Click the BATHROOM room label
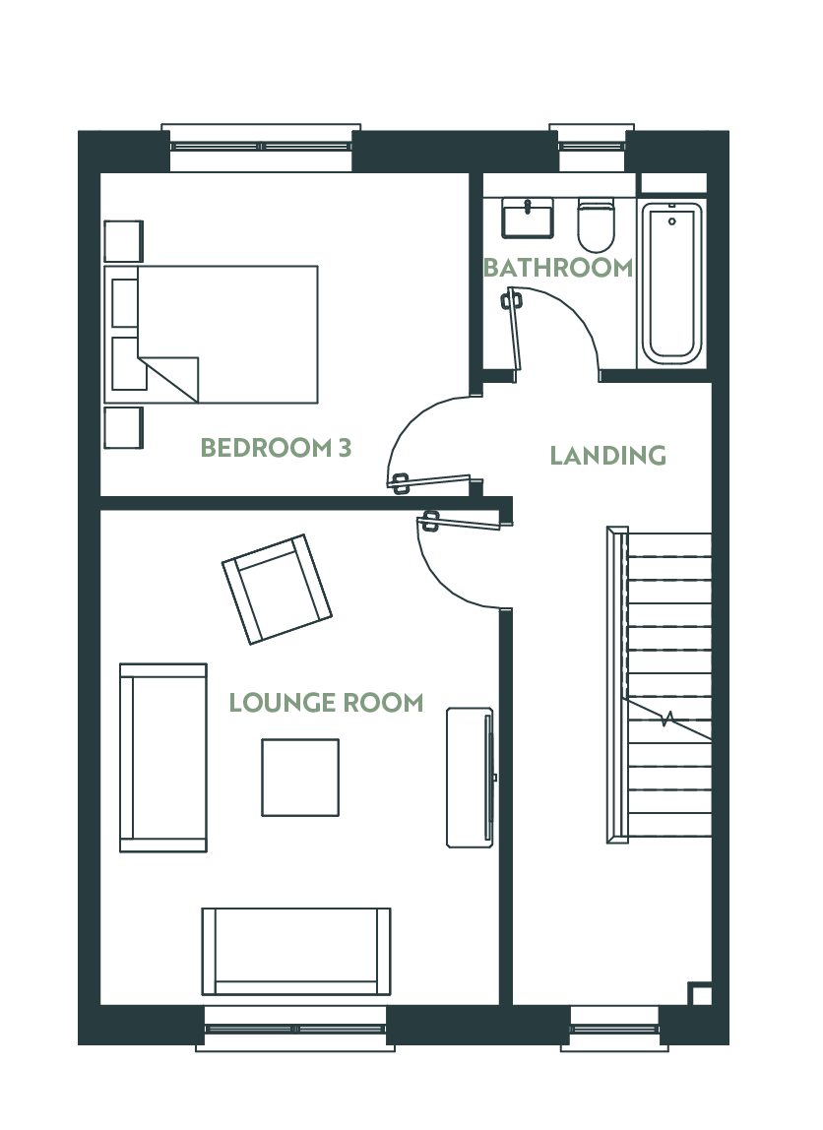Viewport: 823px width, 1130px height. tap(558, 268)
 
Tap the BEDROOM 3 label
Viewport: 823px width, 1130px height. tap(276, 448)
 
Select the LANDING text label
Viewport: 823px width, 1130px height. tap(607, 456)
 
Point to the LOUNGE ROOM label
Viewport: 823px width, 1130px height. tap(326, 703)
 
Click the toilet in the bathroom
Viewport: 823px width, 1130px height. tap(596, 224)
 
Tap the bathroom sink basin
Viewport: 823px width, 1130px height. tap(529, 218)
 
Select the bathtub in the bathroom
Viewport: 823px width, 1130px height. tap(671, 283)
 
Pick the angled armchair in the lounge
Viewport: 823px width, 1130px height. tap(277, 589)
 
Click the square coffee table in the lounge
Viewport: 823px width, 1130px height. tap(300, 778)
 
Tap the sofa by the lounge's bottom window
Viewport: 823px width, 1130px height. tap(296, 951)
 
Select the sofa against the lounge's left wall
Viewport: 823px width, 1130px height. tap(163, 758)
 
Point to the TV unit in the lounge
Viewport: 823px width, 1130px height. tap(470, 778)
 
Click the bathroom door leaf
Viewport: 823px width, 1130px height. tap(514, 335)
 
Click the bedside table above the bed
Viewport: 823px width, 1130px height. tap(124, 241)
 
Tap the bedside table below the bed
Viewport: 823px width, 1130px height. tap(124, 428)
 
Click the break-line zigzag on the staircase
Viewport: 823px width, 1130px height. tap(668, 719)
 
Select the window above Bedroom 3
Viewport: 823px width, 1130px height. tap(261, 148)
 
